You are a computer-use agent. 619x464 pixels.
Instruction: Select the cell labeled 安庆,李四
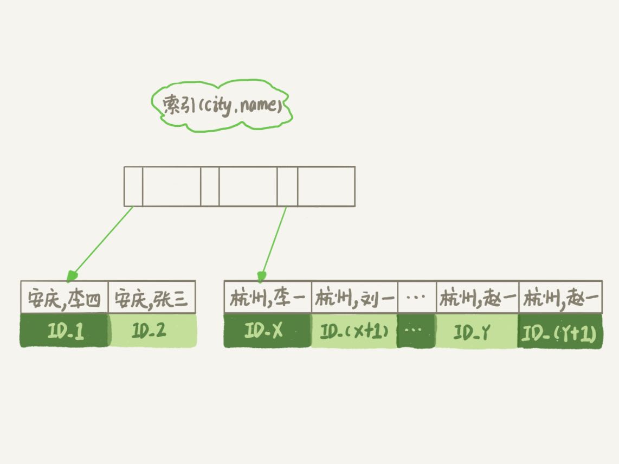(65, 298)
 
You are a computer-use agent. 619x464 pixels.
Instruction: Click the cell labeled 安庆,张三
(152, 298)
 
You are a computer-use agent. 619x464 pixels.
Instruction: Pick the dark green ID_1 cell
(65, 330)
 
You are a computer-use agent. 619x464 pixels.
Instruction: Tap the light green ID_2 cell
(152, 330)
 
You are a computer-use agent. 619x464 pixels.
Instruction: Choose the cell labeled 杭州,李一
(268, 298)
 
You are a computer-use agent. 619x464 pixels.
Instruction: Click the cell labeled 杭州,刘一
(354, 298)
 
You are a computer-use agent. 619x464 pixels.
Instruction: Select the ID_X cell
(267, 331)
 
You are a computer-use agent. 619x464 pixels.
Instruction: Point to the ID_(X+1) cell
(354, 331)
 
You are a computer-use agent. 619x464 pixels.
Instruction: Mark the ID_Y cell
(477, 331)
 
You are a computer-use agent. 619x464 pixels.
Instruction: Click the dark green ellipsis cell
(416, 331)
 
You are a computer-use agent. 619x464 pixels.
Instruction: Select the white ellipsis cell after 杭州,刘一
(417, 298)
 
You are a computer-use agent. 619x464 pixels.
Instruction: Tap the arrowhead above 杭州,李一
(261, 276)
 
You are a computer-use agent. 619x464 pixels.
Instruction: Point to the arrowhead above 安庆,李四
(72, 276)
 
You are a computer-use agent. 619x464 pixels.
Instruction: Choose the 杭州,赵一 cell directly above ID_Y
(478, 298)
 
